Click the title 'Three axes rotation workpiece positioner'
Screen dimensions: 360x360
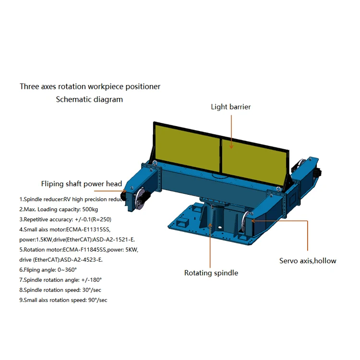point(90,87)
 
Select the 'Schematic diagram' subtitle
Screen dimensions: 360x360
point(89,99)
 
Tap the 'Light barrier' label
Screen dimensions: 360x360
point(230,107)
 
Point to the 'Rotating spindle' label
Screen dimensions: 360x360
point(211,273)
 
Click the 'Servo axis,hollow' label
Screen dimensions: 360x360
point(308,261)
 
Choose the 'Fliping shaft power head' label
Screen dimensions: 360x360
point(81,184)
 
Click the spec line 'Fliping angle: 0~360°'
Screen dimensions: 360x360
point(48,270)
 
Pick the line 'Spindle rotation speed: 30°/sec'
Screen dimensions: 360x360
point(60,290)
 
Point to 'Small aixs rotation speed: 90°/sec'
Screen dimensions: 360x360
point(63,300)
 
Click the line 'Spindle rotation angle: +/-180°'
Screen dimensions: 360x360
point(60,280)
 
